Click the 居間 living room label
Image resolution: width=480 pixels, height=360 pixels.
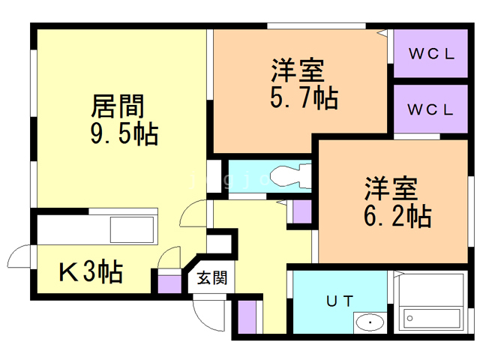point(118,106)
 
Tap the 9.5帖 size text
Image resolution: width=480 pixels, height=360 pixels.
point(124,133)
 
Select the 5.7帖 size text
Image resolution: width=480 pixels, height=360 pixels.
point(304,98)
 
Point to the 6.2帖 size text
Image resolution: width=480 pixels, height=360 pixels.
point(397,216)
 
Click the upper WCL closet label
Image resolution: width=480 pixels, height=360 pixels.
point(432,54)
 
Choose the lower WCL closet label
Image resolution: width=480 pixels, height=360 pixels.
point(430,109)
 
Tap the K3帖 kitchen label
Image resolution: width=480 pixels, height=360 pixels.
point(91,271)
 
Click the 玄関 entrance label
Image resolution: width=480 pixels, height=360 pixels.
point(212,277)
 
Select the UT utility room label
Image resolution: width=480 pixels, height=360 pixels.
point(340,301)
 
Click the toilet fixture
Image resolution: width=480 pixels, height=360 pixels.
point(292,177)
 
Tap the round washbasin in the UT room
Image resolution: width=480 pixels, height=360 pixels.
point(370,322)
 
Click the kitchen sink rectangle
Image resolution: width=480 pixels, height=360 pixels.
point(132,229)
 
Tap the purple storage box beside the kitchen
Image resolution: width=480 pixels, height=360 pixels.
point(169,284)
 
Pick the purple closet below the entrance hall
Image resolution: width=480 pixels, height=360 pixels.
point(247,316)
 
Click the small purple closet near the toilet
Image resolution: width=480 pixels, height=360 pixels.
point(302,211)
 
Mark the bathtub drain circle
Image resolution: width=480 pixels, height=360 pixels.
point(410,318)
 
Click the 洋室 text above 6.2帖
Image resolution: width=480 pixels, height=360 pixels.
point(391,188)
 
